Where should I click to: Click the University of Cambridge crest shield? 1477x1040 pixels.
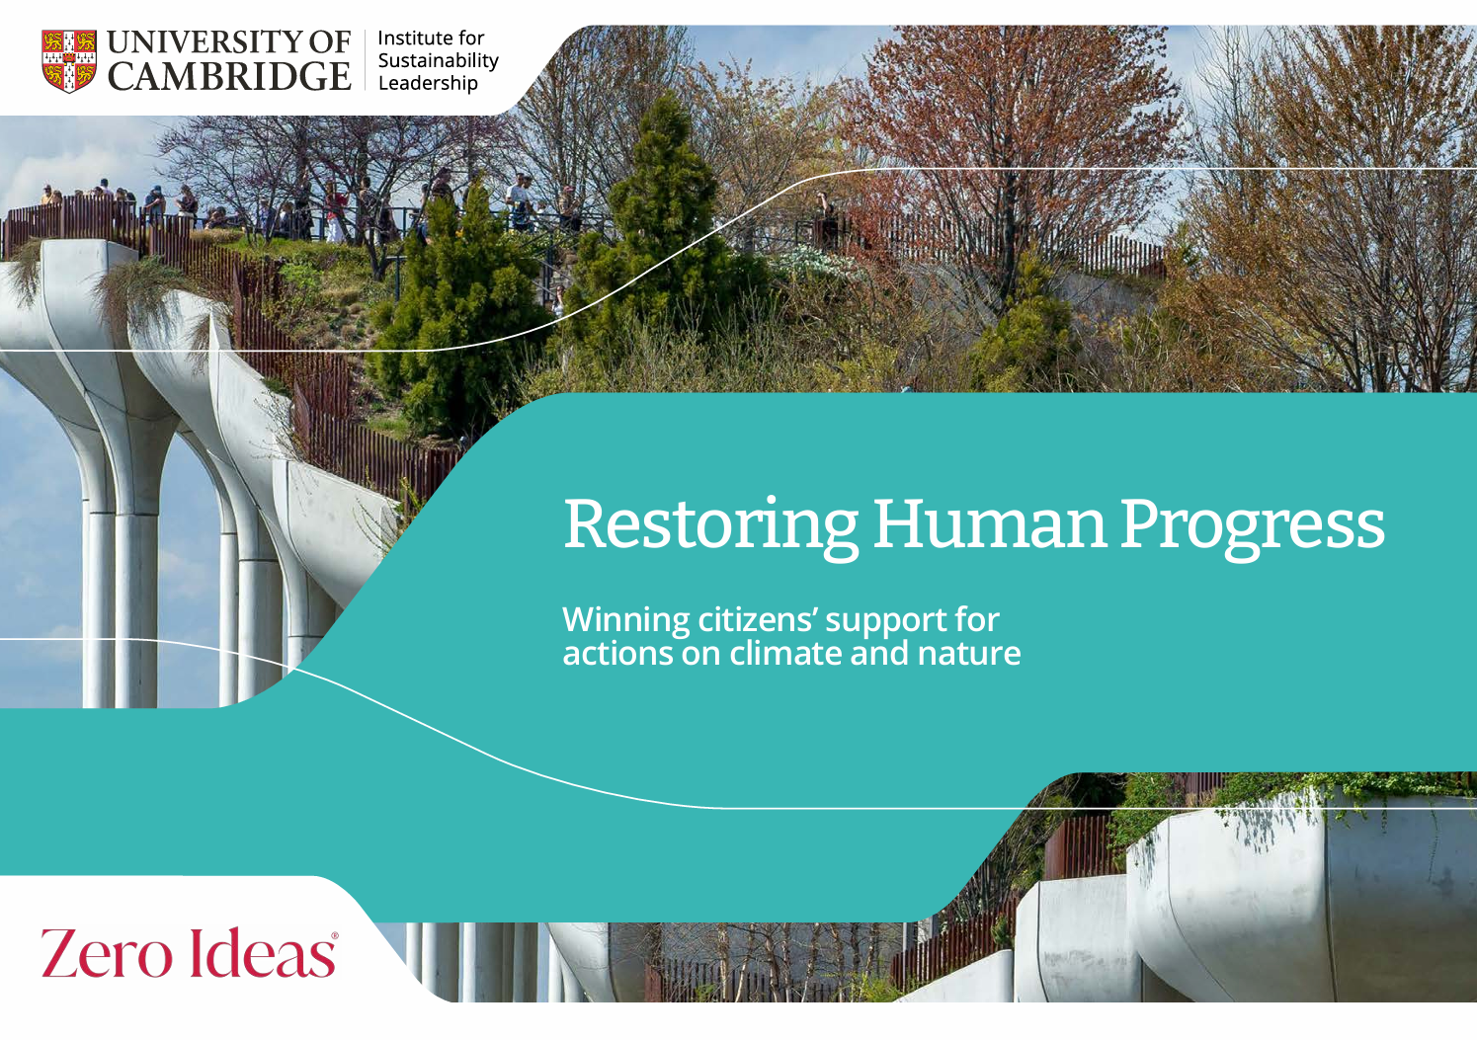[69, 60]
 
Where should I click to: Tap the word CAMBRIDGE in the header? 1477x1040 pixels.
[229, 77]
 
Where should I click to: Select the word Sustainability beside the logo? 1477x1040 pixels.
[438, 60]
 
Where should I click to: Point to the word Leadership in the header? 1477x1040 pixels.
[428, 83]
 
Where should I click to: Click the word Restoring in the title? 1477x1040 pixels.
[710, 524]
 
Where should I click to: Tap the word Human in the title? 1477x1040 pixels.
[989, 524]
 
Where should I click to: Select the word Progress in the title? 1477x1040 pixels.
[1252, 524]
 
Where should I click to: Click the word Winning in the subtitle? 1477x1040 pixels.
[625, 620]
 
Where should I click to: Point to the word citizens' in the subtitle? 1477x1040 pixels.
[757, 620]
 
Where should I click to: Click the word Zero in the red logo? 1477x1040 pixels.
[106, 953]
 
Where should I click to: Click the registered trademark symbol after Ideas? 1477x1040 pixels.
[334, 934]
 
